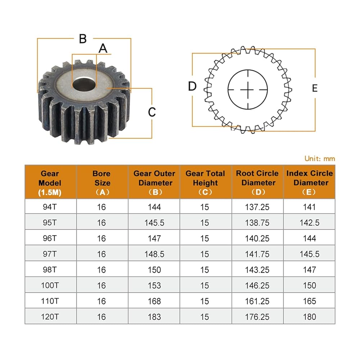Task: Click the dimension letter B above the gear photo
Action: click(x=83, y=39)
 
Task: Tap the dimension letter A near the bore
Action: click(x=103, y=49)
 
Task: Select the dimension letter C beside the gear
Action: click(x=152, y=112)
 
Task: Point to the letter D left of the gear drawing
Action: click(x=192, y=86)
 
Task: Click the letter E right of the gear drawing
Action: click(x=315, y=88)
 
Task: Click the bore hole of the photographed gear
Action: click(x=84, y=84)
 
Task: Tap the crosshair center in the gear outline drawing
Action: click(x=248, y=90)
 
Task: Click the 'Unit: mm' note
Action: click(x=320, y=158)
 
